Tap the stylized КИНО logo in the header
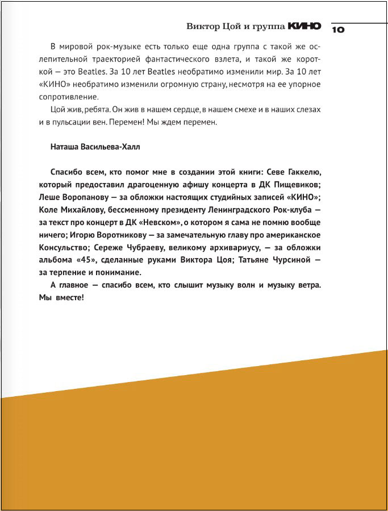(x=304, y=26)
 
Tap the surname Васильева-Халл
(x=111, y=147)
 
